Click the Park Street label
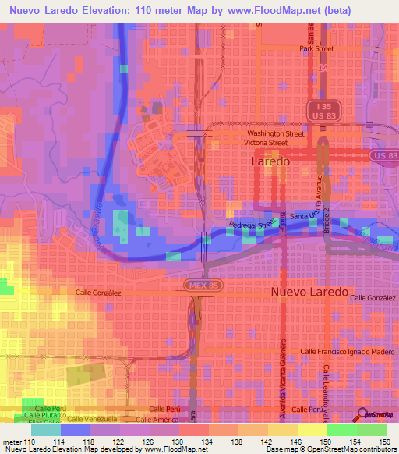point(316,48)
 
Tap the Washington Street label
point(276,133)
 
